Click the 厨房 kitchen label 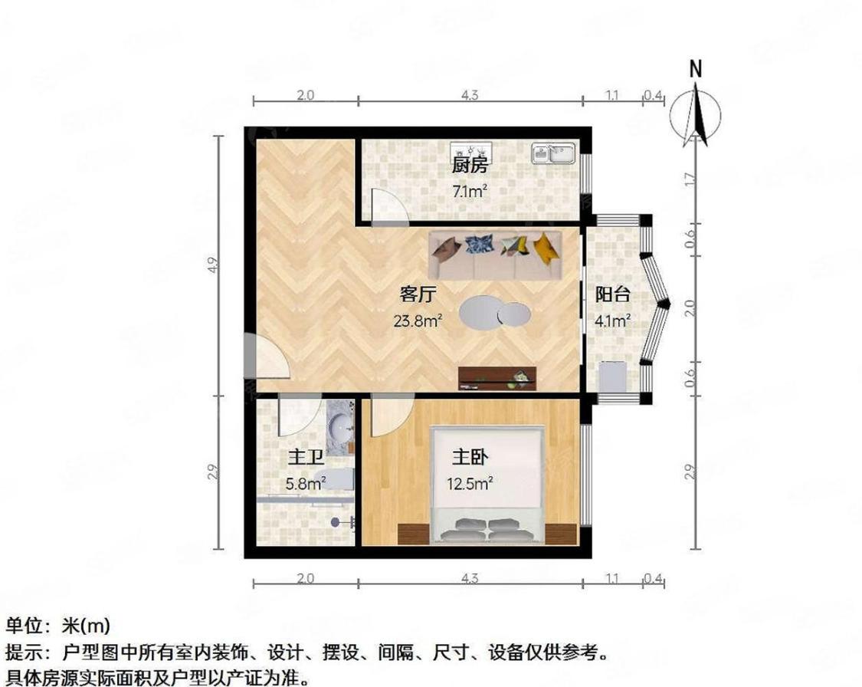coord(470,165)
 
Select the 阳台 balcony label coord(613,294)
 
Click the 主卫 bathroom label coord(304,458)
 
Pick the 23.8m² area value coord(418,321)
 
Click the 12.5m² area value coord(470,483)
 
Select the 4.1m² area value coord(613,321)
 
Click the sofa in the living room coord(496,255)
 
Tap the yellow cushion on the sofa coord(546,247)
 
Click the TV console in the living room coord(497,377)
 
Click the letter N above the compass coord(696,69)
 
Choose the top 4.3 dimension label coord(470,96)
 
